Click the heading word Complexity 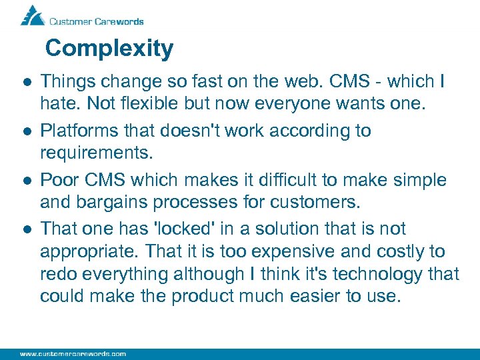[x=109, y=48]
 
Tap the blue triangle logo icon [x=31, y=15]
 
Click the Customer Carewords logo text [x=96, y=21]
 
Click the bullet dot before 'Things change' [x=24, y=83]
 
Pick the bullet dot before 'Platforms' [x=24, y=131]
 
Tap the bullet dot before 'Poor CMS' [x=24, y=181]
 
